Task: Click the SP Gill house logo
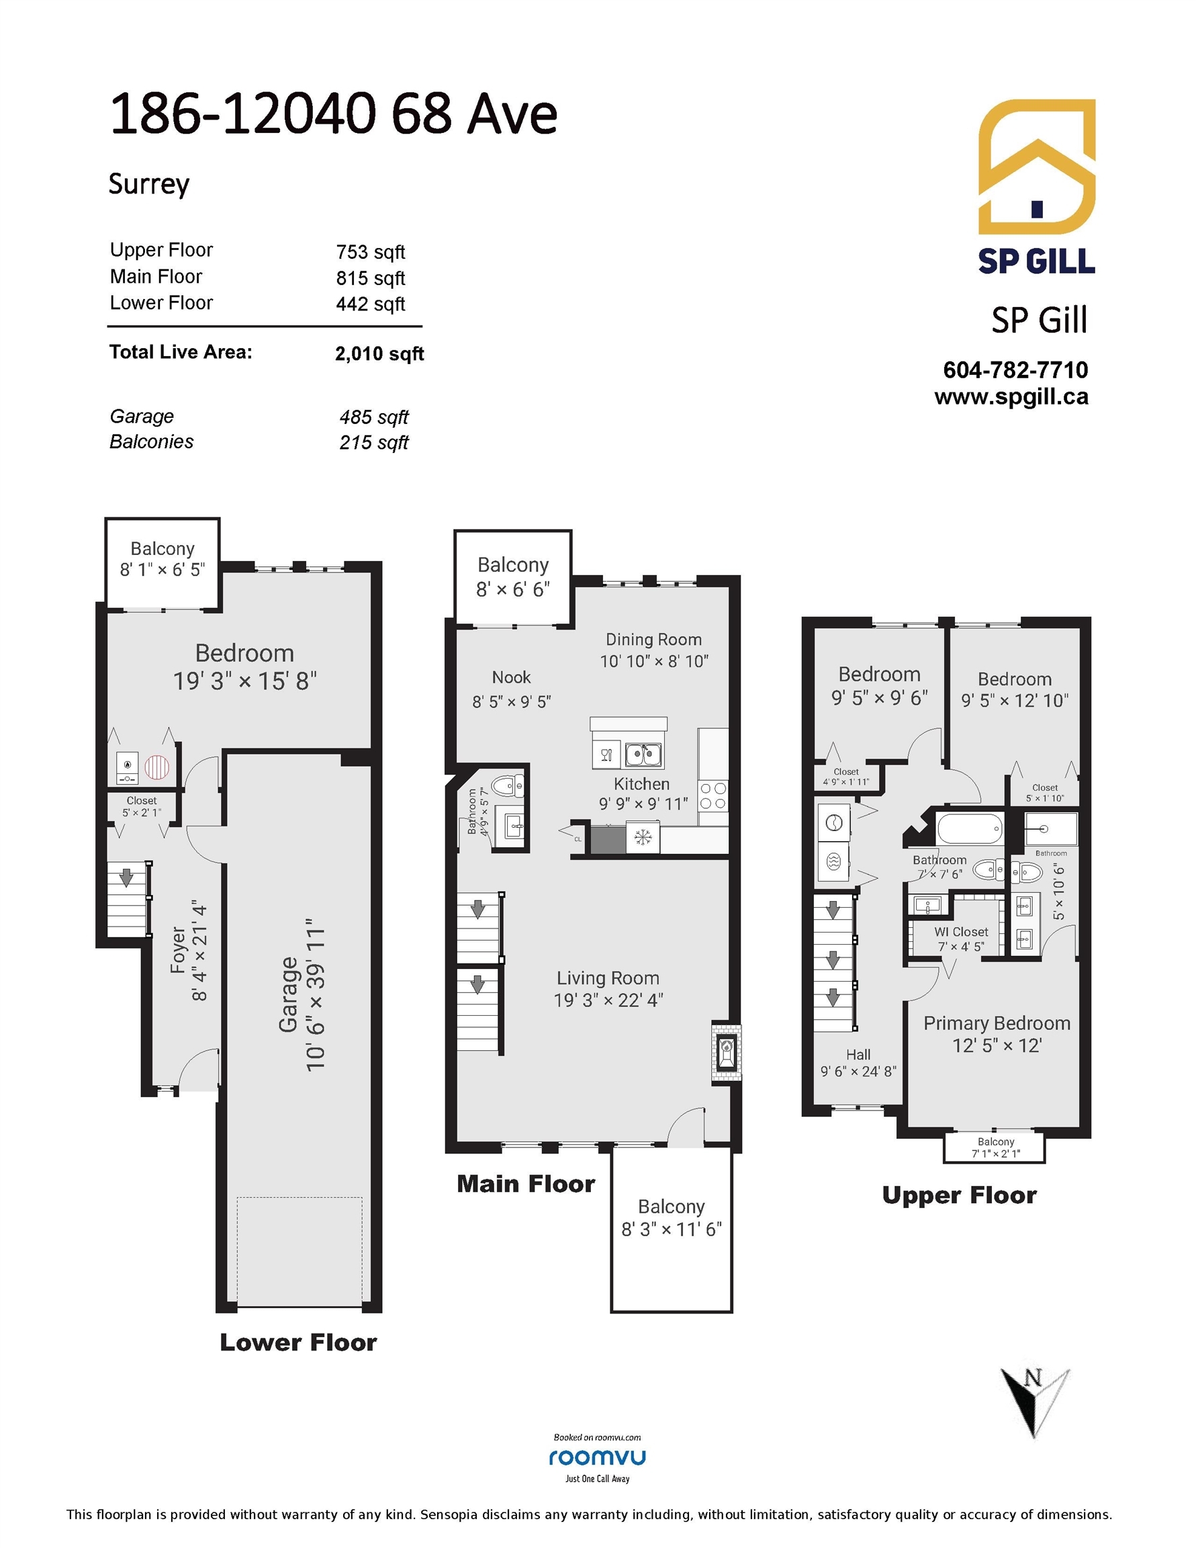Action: (1037, 167)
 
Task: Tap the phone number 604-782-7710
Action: (1015, 370)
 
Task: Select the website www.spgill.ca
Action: (1011, 397)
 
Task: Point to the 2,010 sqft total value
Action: (379, 353)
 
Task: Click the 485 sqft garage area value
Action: (373, 417)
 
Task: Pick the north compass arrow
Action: (1034, 1402)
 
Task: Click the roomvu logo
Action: (597, 1457)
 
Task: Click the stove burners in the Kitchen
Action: (712, 796)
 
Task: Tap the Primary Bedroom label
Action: (997, 1023)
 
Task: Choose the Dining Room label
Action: (653, 640)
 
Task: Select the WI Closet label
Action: (961, 932)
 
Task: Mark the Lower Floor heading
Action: (298, 1342)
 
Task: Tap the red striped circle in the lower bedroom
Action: (157, 767)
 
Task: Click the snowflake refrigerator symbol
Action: (643, 838)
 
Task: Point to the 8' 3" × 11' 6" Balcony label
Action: (671, 1229)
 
